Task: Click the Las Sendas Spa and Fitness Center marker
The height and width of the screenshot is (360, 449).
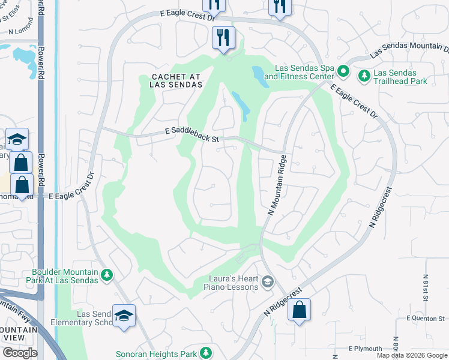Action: pos(343,71)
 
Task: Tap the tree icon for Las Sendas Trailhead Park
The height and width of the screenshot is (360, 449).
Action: pos(364,76)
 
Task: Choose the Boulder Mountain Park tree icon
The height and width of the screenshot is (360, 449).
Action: pos(107,275)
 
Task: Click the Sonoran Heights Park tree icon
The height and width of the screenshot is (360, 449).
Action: pos(206,352)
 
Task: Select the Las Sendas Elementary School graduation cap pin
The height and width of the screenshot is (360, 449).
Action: pos(124,316)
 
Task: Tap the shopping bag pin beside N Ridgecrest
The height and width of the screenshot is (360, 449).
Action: pos(299,310)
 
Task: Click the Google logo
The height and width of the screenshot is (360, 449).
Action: pos(20,353)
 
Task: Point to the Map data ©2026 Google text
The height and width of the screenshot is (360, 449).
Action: pos(412,355)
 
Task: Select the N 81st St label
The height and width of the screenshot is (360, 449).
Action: pos(425,289)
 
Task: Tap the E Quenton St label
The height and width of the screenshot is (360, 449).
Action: pos(426,318)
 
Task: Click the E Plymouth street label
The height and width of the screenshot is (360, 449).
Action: pos(365,349)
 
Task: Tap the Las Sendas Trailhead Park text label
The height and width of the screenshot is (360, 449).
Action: pos(400,76)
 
